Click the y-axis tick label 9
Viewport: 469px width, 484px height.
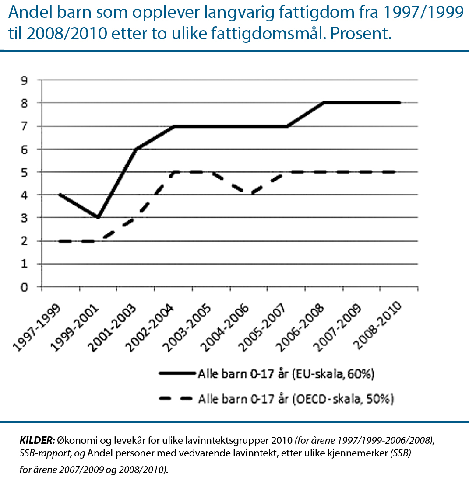pyautogui.click(x=25, y=80)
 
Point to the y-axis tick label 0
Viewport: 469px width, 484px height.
pyautogui.click(x=25, y=287)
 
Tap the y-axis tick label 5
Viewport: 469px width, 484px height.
pyautogui.click(x=25, y=172)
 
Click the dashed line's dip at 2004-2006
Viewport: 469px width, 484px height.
pyautogui.click(x=249, y=195)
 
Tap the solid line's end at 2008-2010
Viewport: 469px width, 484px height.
pyautogui.click(x=399, y=103)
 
